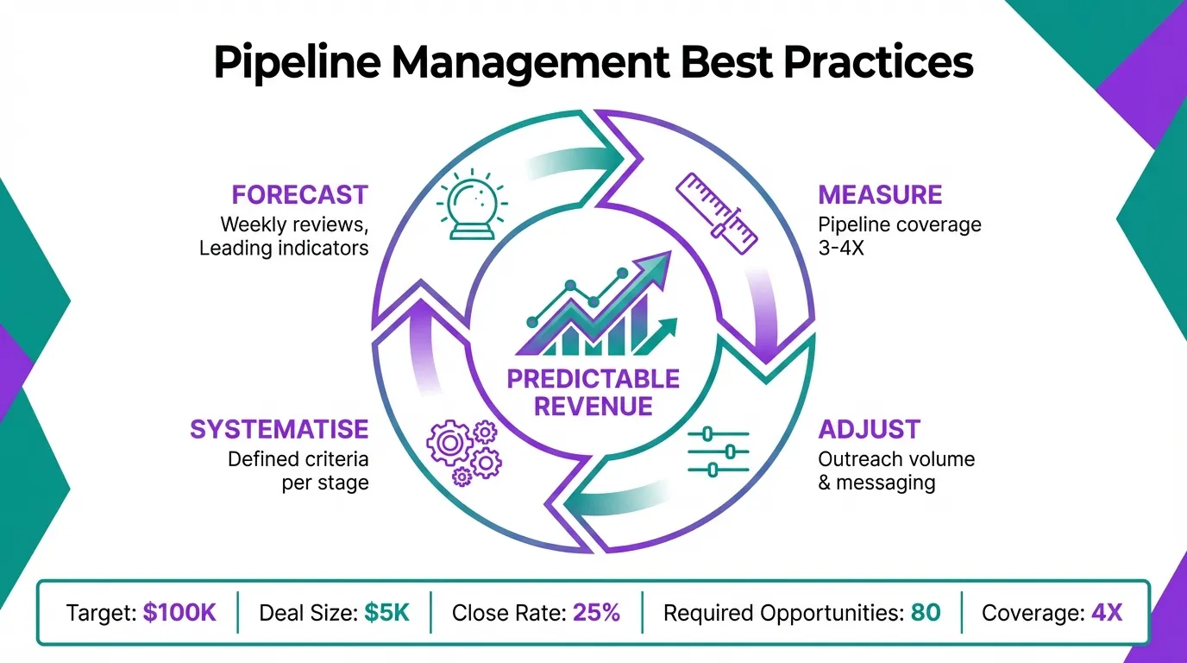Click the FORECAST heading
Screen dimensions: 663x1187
[x=300, y=194]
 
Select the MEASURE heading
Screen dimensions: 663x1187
[x=880, y=194]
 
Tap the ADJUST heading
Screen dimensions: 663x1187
[x=869, y=429]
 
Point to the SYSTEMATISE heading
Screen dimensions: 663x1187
[x=279, y=429]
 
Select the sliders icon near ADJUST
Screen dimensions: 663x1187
[x=719, y=451]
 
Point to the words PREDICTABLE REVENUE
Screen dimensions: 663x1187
[x=593, y=393]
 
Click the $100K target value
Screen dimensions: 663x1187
[x=179, y=613]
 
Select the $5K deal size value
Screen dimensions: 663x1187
[x=386, y=613]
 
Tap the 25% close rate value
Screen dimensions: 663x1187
[x=597, y=613]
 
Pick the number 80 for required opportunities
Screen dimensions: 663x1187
[x=925, y=613]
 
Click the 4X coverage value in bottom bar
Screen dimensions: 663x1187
[x=1106, y=613]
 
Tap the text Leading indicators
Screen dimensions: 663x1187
[x=284, y=248]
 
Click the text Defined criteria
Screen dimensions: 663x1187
[x=298, y=459]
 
